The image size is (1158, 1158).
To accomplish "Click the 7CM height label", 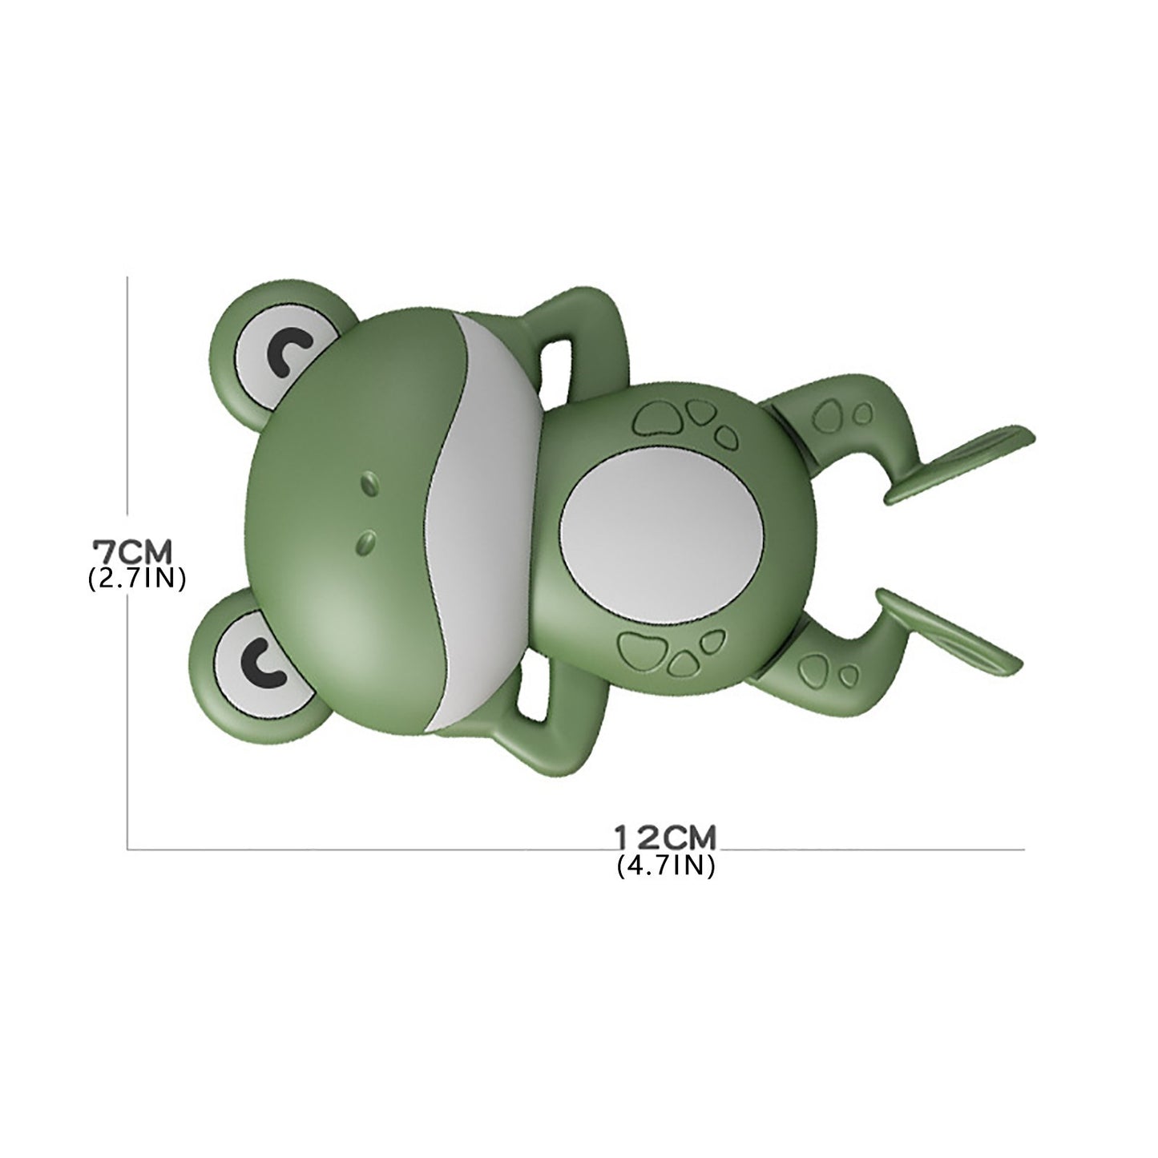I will [x=132, y=552].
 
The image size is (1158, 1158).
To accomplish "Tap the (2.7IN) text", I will [x=136, y=579].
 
